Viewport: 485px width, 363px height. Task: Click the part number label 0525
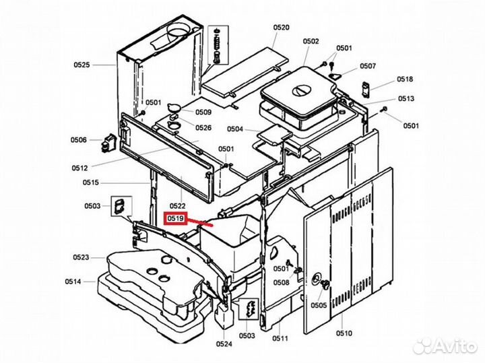pos(82,65)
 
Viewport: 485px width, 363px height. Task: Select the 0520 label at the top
pos(281,28)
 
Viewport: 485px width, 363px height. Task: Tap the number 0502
pos(311,41)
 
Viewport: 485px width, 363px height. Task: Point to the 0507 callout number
pos(368,66)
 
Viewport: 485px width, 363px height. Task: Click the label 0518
pos(406,79)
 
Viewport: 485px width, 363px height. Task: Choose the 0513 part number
pos(406,98)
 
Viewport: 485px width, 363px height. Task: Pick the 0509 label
pos(203,112)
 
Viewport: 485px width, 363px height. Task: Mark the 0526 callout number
pos(203,127)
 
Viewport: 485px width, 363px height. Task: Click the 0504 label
pos(235,129)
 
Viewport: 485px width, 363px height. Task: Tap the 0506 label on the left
pos(79,140)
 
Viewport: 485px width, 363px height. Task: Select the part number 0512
pos(81,168)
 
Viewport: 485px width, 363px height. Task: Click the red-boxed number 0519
pos(176,218)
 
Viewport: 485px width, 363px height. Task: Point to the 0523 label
pos(82,257)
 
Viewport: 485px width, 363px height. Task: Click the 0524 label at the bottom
pos(224,344)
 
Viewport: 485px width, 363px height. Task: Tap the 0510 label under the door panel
pos(344,333)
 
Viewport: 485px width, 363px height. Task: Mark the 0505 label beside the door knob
pos(319,304)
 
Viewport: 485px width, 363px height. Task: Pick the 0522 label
pos(178,205)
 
